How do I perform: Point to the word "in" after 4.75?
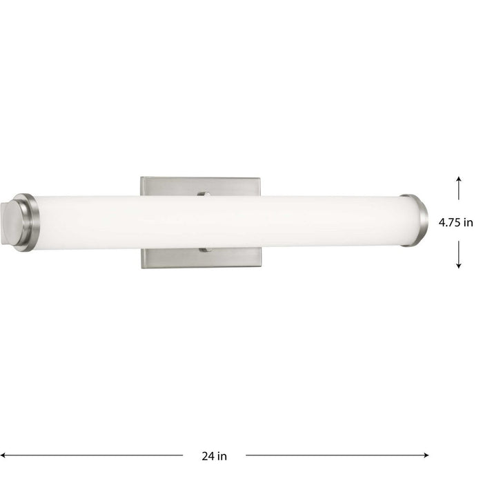click(468, 222)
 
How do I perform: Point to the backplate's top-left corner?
click(143, 179)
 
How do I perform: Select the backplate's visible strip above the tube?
click(172, 186)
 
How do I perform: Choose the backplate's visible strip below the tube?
click(172, 259)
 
